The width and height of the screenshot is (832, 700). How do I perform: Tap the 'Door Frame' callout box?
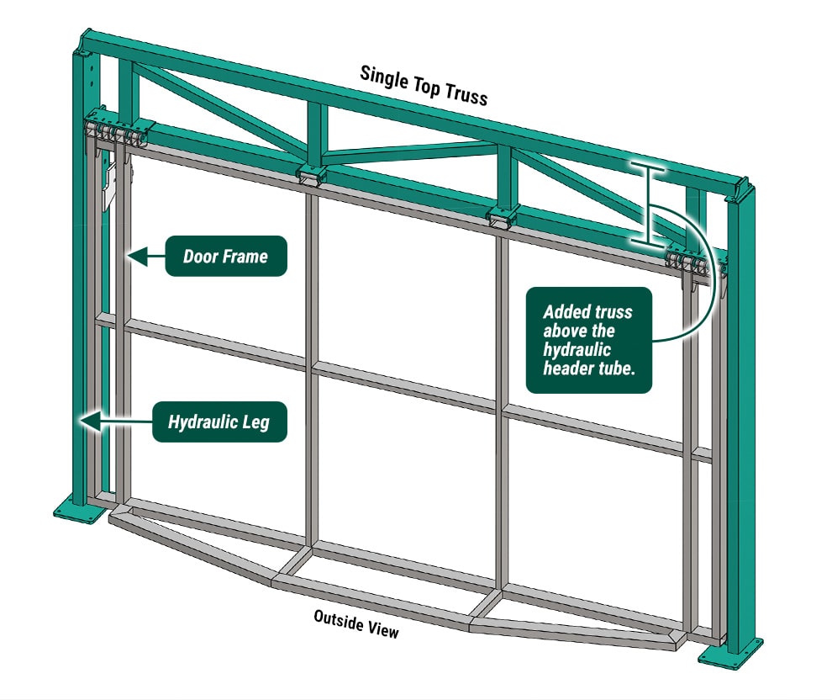point(225,256)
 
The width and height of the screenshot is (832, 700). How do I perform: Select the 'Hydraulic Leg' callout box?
point(219,421)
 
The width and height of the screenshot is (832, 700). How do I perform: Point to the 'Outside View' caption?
point(356,623)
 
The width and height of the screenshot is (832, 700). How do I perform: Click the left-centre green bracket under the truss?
point(311,175)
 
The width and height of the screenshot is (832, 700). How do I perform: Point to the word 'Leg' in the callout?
point(256,421)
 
